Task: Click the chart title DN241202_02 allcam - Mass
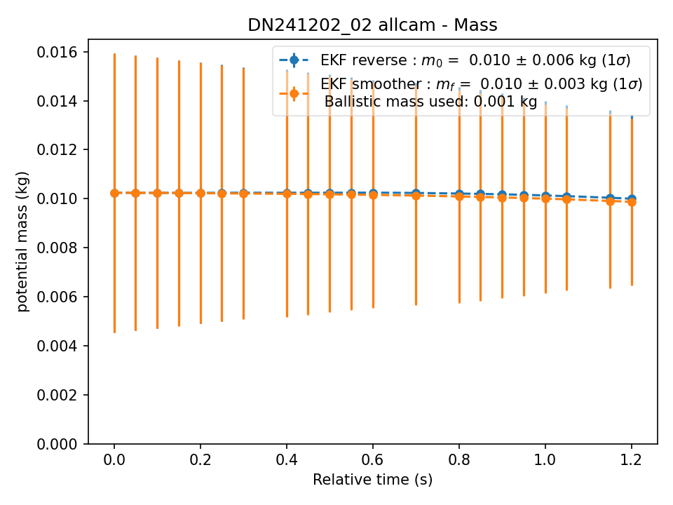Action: point(372,25)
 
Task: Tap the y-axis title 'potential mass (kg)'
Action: point(22,242)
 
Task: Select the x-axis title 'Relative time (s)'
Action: point(372,480)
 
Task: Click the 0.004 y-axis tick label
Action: point(57,346)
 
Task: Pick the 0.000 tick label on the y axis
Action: point(57,444)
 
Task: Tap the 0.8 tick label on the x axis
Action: point(458,460)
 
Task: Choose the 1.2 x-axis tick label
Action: point(632,460)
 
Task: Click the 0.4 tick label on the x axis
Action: point(287,460)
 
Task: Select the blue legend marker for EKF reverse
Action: point(294,60)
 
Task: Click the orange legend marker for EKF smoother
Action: point(294,93)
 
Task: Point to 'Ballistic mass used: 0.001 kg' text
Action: point(431,102)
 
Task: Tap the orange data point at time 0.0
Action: point(114,194)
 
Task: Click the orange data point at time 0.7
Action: point(416,196)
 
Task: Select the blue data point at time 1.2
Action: point(632,198)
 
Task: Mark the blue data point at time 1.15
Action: point(610,198)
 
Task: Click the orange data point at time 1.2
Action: point(632,202)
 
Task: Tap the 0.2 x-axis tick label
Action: point(200,460)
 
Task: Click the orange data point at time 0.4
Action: point(287,194)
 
